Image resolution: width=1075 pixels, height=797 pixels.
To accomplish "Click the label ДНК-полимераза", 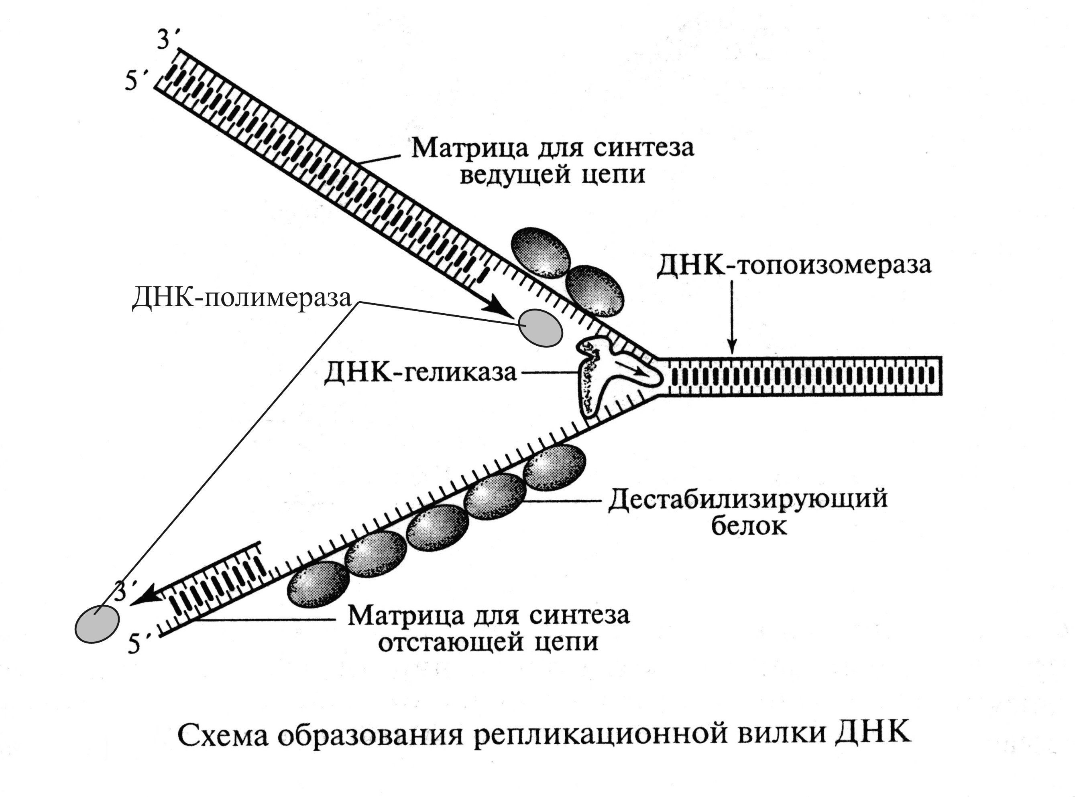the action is point(241,298).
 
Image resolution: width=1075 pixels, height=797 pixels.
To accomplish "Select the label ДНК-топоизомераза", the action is point(794,266).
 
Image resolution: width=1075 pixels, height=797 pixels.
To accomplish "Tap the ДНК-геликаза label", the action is point(420,373).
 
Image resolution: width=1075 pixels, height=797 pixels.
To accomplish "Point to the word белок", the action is point(750,526).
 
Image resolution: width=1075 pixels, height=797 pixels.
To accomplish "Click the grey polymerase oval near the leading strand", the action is point(540,328).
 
